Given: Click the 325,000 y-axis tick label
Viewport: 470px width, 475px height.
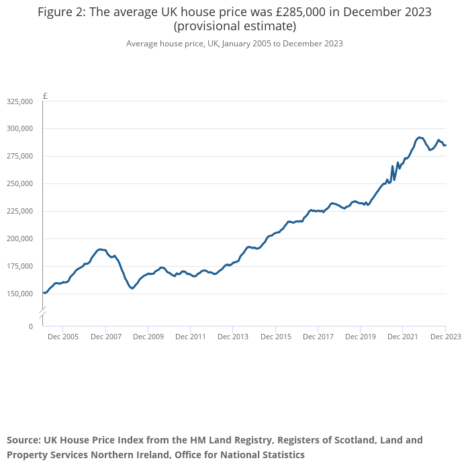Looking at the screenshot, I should click(19, 101).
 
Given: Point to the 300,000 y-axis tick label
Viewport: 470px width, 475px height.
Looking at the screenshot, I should click(19, 128).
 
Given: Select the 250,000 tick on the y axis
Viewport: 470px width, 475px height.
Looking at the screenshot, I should click(19, 183).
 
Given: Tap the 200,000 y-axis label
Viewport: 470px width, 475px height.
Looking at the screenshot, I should click(19, 239).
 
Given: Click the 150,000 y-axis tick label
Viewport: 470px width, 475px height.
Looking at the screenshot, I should click(19, 294).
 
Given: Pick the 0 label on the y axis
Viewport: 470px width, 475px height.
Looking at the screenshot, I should click(30, 327).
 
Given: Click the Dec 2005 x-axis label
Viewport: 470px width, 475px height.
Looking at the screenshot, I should click(64, 337).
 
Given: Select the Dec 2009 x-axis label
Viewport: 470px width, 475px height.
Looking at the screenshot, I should click(148, 337).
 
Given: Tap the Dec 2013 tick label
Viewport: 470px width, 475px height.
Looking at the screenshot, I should click(233, 337).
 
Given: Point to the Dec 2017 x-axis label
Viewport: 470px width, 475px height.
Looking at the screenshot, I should click(318, 337).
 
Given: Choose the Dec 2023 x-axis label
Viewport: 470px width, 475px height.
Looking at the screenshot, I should click(444, 337).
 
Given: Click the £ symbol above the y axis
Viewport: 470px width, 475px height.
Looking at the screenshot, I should click(45, 96).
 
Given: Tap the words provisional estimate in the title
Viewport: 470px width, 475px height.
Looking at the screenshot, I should click(235, 27).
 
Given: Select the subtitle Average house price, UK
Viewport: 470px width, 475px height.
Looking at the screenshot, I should click(171, 44).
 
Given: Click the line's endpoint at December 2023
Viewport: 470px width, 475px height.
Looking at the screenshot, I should click(445, 144).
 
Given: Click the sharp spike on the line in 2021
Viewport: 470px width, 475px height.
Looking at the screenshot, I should click(392, 166).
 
